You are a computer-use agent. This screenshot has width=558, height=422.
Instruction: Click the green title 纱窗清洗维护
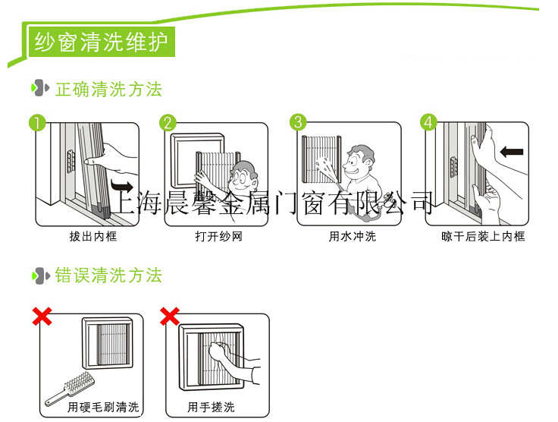pyautogui.click(x=101, y=43)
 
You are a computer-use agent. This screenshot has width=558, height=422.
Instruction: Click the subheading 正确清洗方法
pyautogui.click(x=108, y=90)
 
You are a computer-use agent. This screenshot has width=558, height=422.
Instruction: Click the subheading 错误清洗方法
pyautogui.click(x=108, y=275)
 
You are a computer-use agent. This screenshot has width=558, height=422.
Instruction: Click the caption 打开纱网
pyautogui.click(x=218, y=237)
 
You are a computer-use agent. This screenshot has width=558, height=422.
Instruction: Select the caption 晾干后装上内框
pyautogui.click(x=483, y=237)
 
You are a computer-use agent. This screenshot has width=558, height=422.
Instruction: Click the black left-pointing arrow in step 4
pyautogui.click(x=512, y=152)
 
